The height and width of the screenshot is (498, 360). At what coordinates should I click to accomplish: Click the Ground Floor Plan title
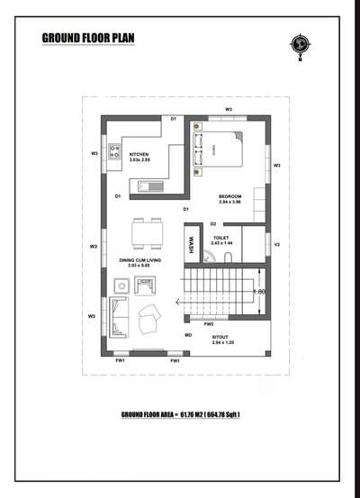[x=87, y=38]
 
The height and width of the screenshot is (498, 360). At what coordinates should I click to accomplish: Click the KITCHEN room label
[x=139, y=154]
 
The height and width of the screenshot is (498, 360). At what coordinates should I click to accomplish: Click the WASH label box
[x=191, y=245]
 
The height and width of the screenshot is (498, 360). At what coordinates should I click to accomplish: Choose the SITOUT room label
[x=222, y=338]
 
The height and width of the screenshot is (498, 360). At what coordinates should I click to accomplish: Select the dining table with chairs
[x=147, y=235]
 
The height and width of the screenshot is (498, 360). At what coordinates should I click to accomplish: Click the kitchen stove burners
[x=115, y=152]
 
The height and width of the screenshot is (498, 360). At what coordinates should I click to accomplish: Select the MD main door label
[x=189, y=335]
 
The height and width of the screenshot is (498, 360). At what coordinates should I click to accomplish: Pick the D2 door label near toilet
[x=213, y=222]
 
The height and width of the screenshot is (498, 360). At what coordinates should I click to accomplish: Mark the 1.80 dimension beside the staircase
[x=260, y=291]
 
